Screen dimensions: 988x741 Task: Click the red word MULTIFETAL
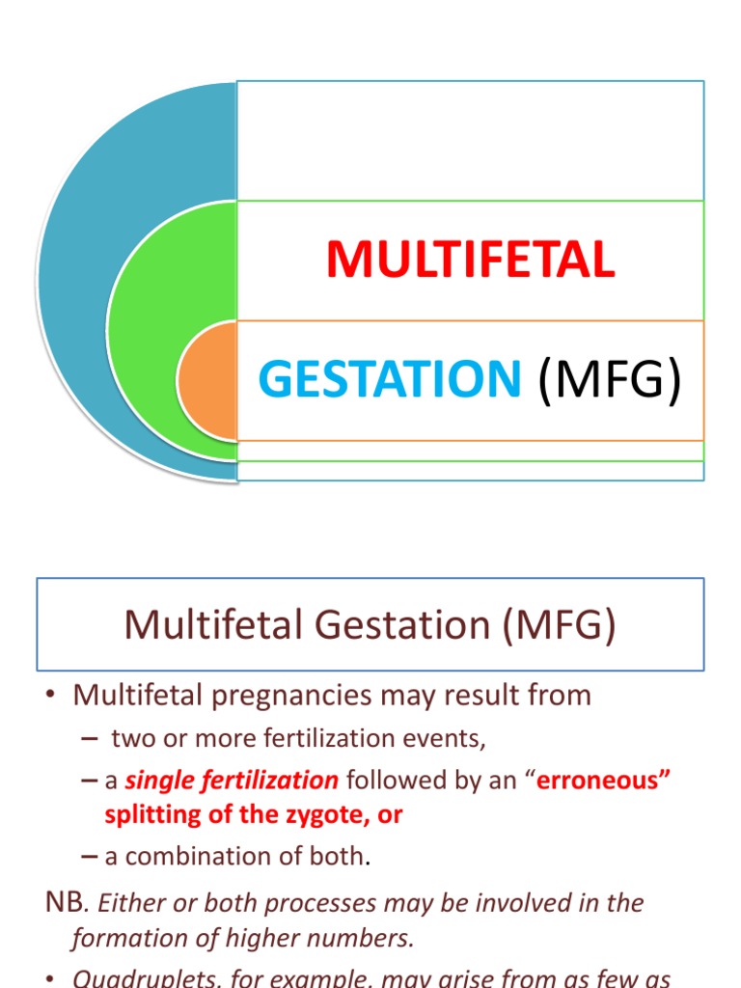[x=470, y=260]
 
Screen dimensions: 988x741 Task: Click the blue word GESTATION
[x=389, y=379]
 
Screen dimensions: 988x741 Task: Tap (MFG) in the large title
[x=610, y=379]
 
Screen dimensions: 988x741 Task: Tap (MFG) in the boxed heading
[x=557, y=625]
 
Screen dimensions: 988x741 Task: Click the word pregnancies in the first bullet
[x=276, y=695]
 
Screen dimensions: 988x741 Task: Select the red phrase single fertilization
[x=232, y=780]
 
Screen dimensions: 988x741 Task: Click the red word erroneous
[x=603, y=780]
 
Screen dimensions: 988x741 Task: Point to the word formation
[x=120, y=937]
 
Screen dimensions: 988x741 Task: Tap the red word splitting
[x=147, y=814]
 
